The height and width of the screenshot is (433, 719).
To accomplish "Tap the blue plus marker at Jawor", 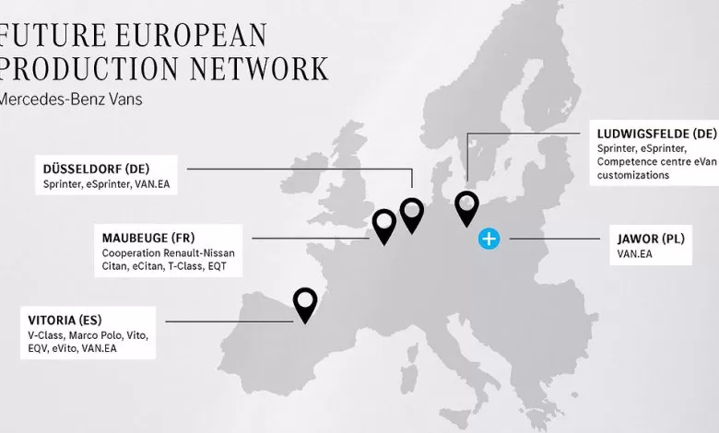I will coord(489,240).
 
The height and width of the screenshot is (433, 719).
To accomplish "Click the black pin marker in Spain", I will coord(304,301).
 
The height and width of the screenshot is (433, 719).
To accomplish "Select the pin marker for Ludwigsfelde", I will coord(468,205).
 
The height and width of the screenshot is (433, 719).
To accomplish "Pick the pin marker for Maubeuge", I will coord(383,222).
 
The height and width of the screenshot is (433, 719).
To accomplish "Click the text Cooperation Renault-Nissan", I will coord(167,252).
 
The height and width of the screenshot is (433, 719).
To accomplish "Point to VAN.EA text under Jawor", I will coord(635,252).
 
